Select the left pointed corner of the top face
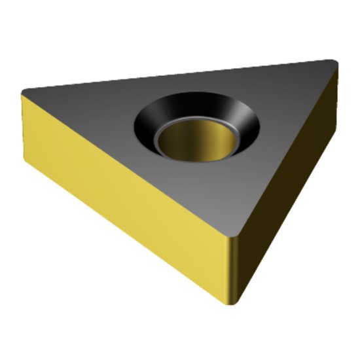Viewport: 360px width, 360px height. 25,91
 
